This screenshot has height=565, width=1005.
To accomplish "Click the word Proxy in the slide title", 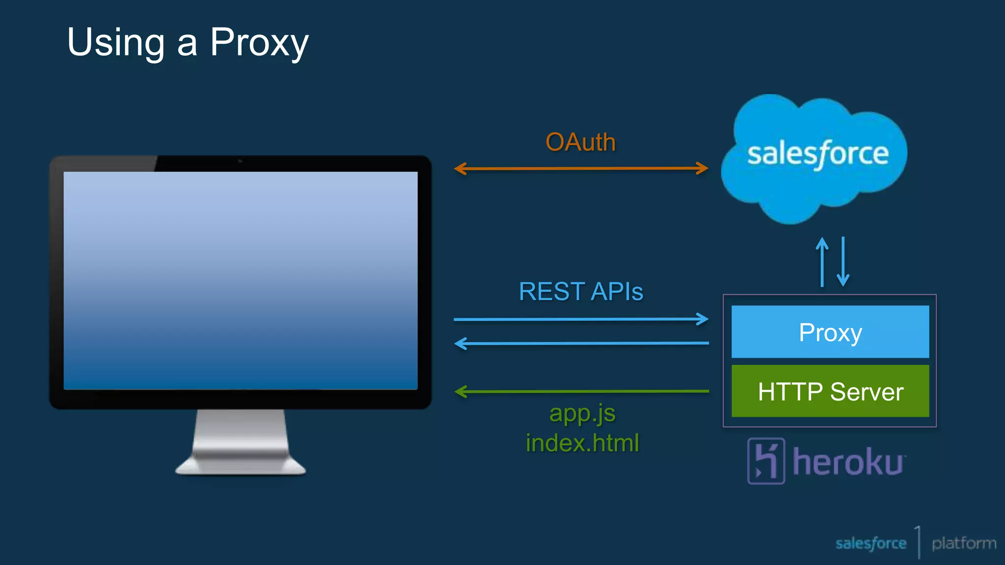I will tap(259, 43).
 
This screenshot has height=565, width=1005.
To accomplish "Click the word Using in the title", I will tap(116, 43).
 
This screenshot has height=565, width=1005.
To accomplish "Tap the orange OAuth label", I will tap(581, 142).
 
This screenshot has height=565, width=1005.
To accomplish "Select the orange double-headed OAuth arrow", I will tap(581, 169).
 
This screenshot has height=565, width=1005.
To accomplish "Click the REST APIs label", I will tap(581, 291).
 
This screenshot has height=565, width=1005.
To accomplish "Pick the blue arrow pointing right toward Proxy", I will tap(581, 319).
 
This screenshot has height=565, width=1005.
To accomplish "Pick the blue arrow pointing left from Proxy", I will tap(581, 343).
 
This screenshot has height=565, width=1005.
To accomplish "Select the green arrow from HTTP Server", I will tap(581, 391).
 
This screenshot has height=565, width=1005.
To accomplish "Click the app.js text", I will tap(582, 413).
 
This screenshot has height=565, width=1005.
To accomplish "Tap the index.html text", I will tap(582, 443).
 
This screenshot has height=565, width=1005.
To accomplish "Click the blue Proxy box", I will tap(830, 332).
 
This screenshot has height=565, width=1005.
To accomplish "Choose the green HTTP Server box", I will tap(830, 391).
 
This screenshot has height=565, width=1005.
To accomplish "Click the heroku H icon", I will tap(766, 461).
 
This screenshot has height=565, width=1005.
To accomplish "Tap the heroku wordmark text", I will tap(848, 462).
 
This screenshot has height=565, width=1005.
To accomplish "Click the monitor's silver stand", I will tap(240, 444).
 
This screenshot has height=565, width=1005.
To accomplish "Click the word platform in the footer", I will tap(963, 543).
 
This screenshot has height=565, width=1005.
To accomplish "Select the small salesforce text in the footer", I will tap(871, 543).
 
